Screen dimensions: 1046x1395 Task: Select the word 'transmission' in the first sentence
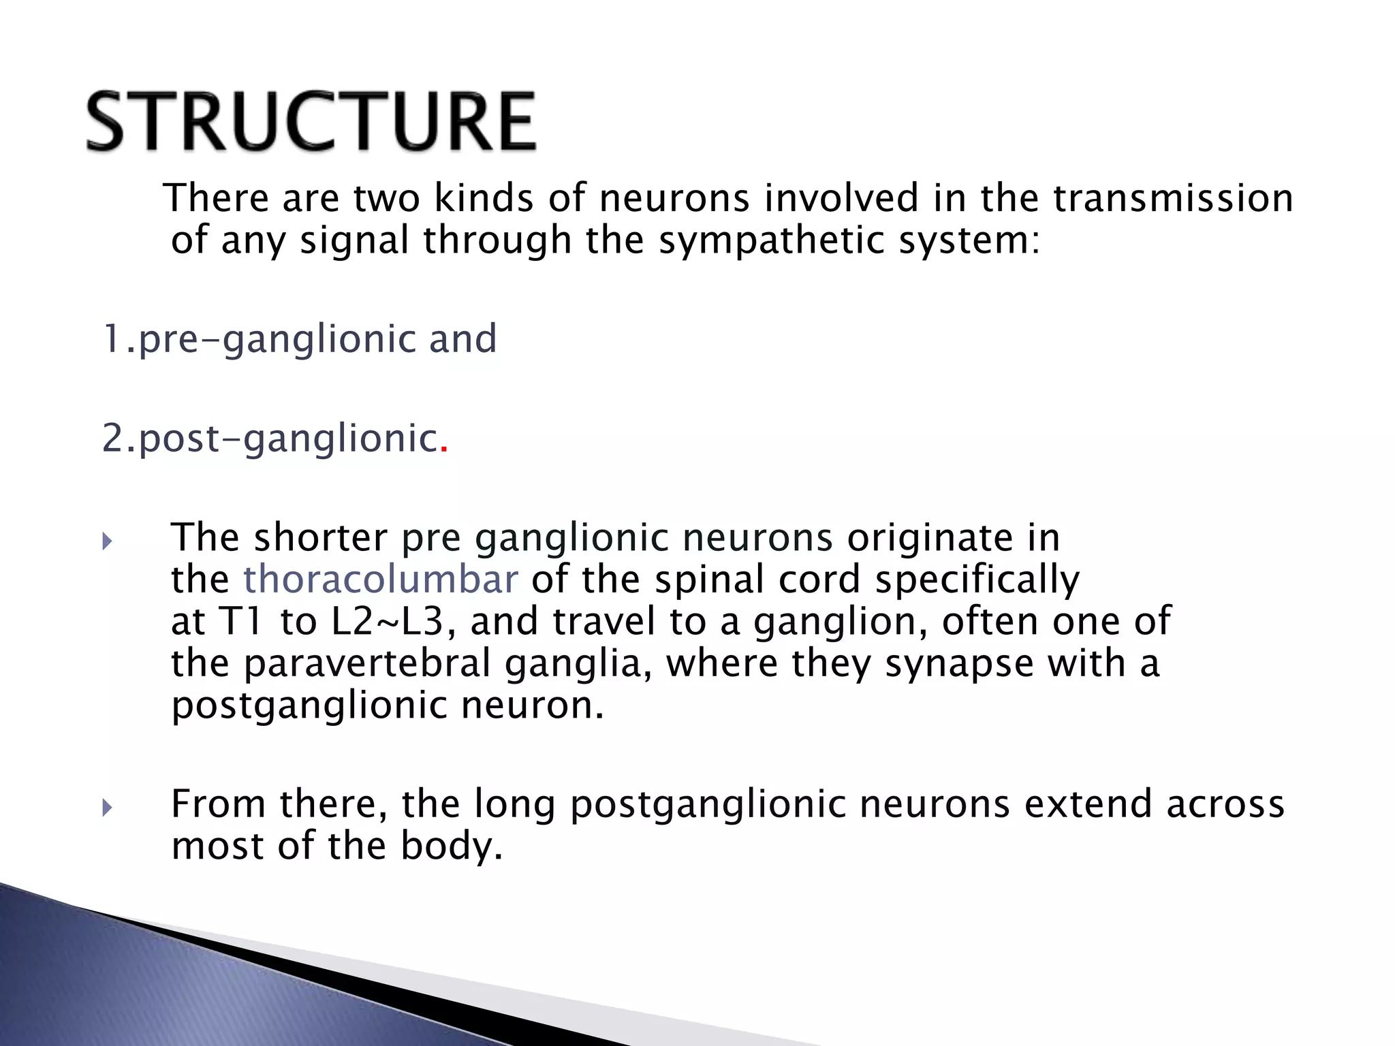1172,198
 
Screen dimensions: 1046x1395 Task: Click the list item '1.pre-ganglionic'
258,338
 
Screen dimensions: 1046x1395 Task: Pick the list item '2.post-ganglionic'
269,438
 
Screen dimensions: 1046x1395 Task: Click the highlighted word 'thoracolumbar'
381,580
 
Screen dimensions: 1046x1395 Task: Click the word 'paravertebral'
367,663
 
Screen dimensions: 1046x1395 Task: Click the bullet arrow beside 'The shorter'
107,542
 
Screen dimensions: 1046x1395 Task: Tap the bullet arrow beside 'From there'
107,808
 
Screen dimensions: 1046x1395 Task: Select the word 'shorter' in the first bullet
321,537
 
